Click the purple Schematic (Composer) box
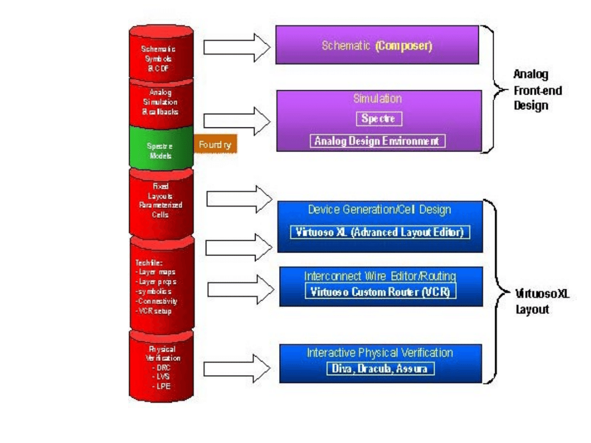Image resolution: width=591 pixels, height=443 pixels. [x=377, y=45]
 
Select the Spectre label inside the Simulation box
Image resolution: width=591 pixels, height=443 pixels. [x=378, y=118]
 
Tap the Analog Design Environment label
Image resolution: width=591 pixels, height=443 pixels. [x=378, y=141]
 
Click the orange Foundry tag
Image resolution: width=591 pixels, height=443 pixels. [x=215, y=145]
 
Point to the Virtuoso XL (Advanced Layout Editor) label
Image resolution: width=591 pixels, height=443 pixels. [x=379, y=232]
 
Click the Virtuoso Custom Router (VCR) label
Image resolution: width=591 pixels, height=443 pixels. [x=380, y=292]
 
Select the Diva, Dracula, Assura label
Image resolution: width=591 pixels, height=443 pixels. [x=380, y=369]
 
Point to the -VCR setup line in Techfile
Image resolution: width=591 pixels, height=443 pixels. [x=154, y=311]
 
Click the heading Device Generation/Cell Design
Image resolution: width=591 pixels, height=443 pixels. [x=379, y=209]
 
